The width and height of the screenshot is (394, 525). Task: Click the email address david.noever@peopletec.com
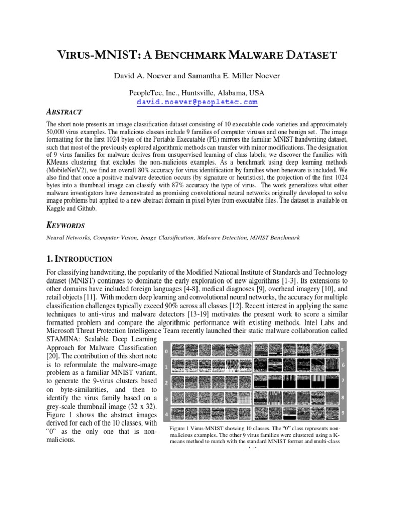pyautogui.click(x=197, y=102)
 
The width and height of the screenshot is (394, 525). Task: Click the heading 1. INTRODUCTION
pyautogui.click(x=79, y=259)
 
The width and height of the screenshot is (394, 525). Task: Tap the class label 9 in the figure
pyautogui.click(x=342, y=412)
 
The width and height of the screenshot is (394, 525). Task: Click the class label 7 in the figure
pyautogui.click(x=342, y=381)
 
